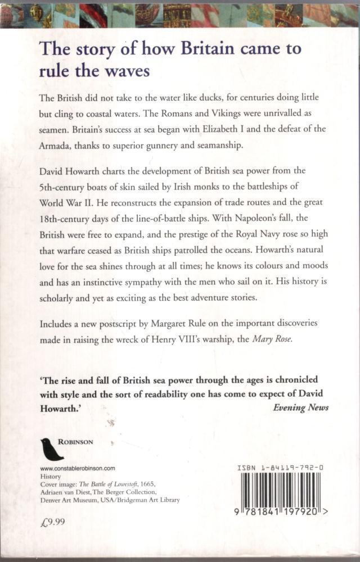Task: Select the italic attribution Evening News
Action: click(301, 407)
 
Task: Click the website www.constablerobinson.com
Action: click(78, 468)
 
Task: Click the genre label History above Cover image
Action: click(50, 475)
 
